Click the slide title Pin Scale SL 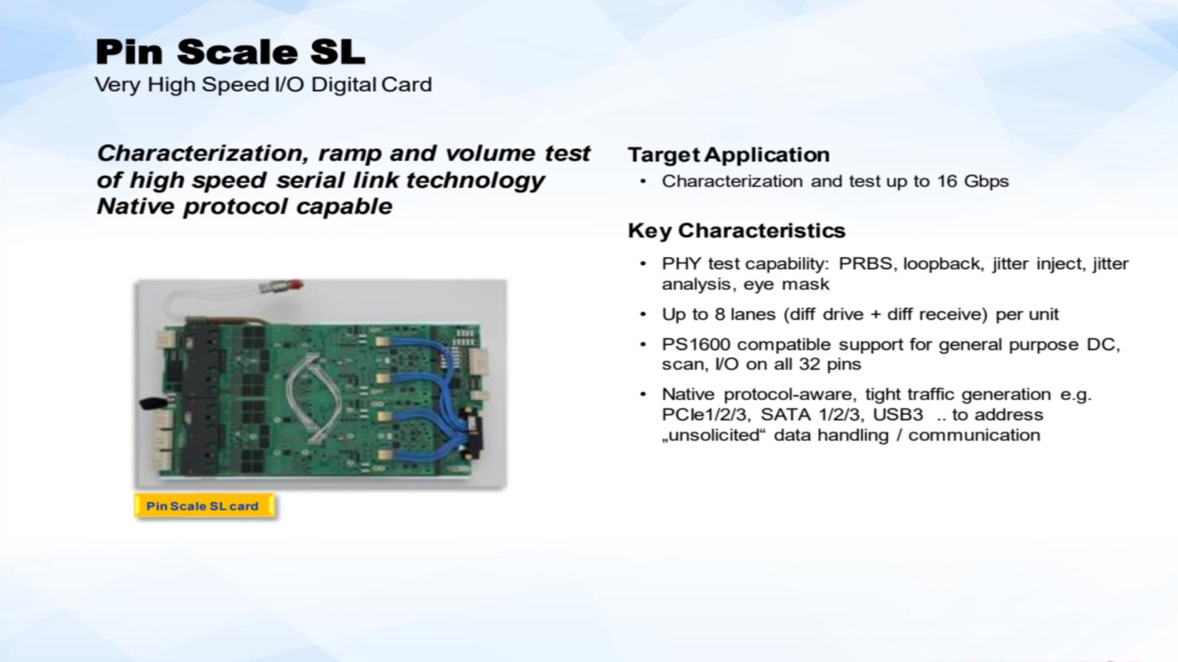[230, 52]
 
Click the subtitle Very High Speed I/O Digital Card [264, 85]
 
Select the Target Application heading [729, 155]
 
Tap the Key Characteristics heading [737, 231]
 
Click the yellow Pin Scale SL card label [204, 506]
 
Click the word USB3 [897, 415]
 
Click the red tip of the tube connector [295, 285]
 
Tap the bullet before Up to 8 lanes [643, 314]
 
